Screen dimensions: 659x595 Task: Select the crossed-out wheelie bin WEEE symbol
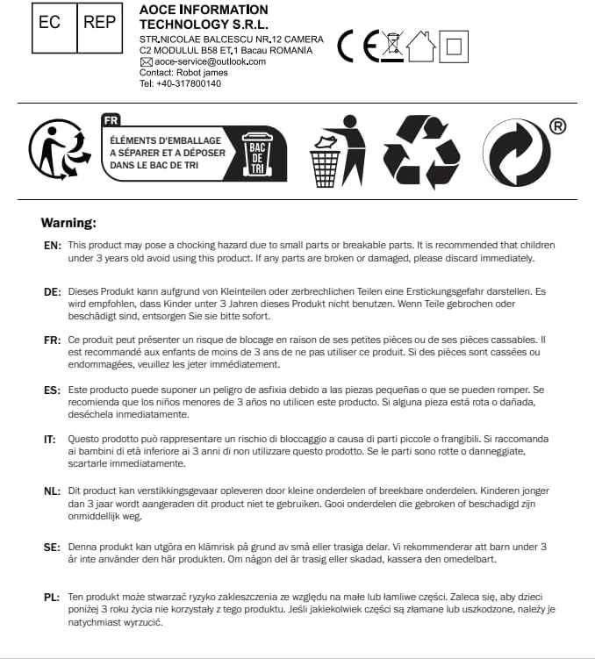click(392, 47)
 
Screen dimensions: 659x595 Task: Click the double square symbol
click(454, 46)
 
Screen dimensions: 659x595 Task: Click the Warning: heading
click(68, 224)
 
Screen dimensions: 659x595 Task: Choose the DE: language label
click(53, 290)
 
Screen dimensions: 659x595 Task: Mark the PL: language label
click(52, 598)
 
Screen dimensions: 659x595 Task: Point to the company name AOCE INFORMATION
click(204, 10)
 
